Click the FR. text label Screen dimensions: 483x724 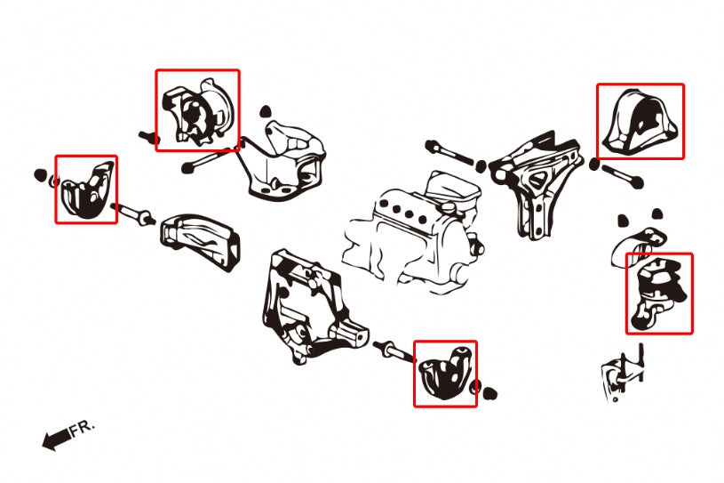click(82, 428)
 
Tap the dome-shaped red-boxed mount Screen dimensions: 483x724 click(640, 122)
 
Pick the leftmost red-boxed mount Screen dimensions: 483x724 click(86, 189)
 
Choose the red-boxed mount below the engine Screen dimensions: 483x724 click(445, 374)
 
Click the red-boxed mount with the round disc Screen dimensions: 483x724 click(197, 111)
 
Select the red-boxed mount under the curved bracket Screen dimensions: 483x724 click(658, 294)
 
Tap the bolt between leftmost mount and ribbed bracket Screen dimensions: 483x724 click(136, 214)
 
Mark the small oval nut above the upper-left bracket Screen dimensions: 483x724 click(265, 113)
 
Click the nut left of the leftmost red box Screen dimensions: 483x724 click(41, 173)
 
